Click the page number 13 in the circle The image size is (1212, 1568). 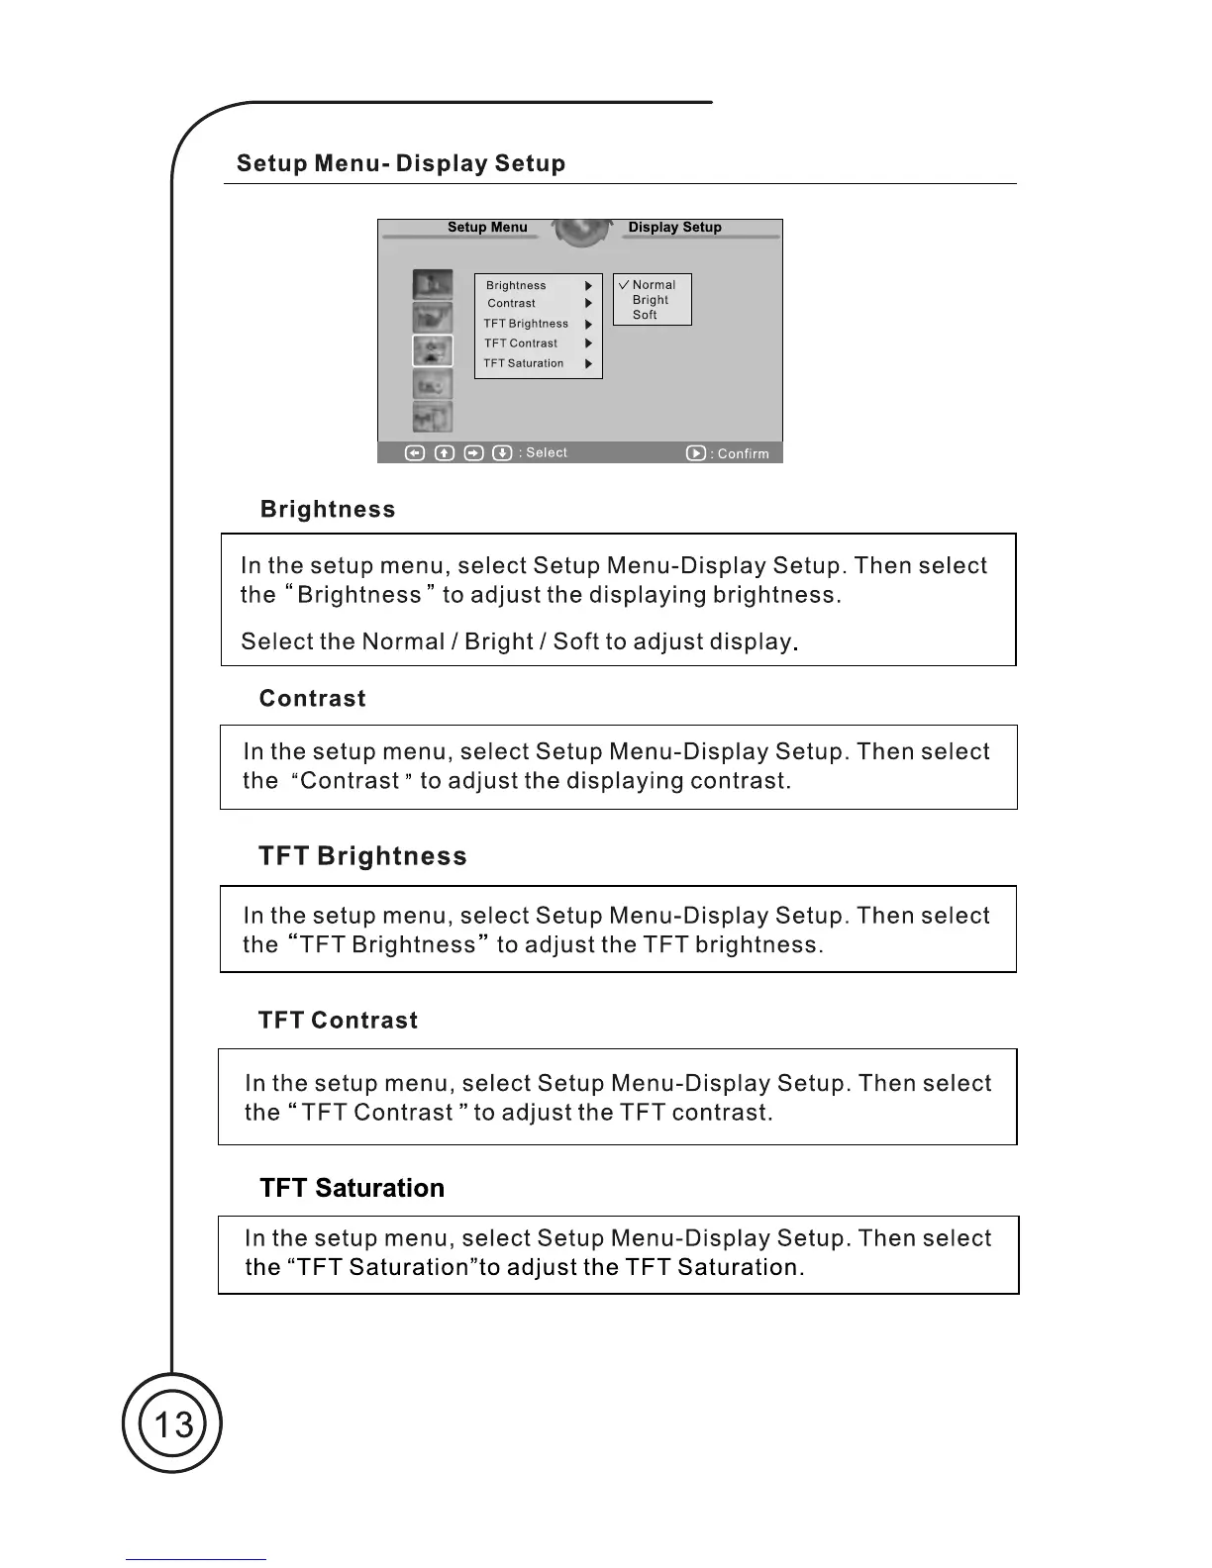click(173, 1424)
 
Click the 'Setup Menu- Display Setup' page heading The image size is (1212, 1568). click(401, 163)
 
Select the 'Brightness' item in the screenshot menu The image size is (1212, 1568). click(516, 285)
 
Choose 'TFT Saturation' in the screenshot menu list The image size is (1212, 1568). click(524, 363)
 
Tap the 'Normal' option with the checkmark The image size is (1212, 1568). click(654, 285)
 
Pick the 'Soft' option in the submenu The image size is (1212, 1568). click(645, 315)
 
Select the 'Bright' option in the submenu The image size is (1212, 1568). click(651, 300)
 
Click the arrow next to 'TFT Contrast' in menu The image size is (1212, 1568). click(588, 343)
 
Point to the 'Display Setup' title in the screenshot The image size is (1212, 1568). click(674, 227)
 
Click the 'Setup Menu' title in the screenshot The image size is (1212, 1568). click(487, 227)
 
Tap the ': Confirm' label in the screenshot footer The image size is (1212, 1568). click(742, 453)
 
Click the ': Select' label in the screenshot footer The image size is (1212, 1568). click(545, 452)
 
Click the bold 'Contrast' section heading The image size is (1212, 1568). click(312, 699)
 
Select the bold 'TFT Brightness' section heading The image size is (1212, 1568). click(362, 856)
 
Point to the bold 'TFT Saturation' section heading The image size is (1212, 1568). click(352, 1188)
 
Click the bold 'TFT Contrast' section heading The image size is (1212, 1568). click(338, 1021)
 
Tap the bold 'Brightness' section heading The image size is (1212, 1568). click(328, 510)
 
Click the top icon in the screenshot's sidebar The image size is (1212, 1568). click(433, 285)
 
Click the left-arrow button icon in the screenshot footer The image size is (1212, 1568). click(416, 452)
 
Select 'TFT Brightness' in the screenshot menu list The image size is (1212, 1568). click(526, 324)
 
